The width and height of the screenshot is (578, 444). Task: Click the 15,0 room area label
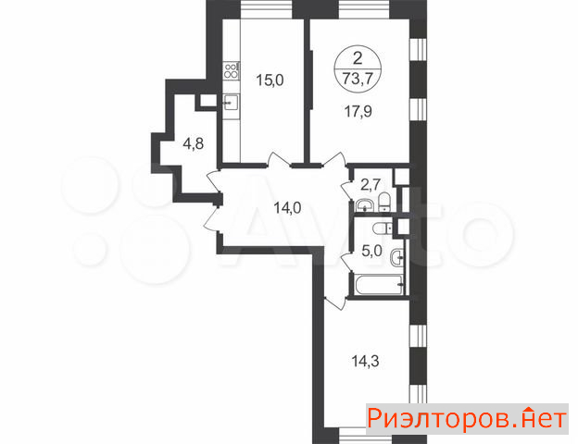pos(270,80)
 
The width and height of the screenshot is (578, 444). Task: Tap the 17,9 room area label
pos(358,111)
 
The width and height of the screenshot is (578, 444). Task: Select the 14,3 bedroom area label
pos(365,361)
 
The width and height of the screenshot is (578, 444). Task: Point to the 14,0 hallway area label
pos(287,208)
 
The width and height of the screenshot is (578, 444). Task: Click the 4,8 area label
pos(194,143)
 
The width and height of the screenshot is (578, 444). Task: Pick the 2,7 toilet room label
pos(371,185)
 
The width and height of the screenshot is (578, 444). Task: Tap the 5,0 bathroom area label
pos(371,252)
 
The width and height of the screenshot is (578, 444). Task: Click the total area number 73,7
pos(358,78)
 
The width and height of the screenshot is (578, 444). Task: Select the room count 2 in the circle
pos(358,58)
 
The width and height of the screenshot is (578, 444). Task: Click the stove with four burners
pos(232,70)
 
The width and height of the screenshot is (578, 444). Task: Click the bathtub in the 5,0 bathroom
pos(380,285)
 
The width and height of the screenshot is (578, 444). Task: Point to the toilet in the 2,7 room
pos(384,203)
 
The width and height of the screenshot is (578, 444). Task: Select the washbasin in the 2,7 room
pos(365,205)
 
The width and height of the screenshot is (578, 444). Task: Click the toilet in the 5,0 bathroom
pos(383,228)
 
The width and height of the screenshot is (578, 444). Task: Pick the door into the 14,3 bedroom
pos(336,302)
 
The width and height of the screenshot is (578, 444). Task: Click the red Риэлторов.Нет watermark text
pos(467,419)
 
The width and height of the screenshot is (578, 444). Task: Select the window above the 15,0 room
pos(267,9)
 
